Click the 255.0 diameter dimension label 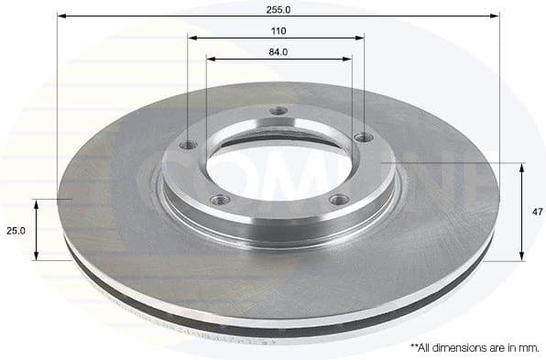[278, 9]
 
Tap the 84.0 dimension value [278, 52]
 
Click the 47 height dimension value [536, 212]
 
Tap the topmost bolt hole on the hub [279, 114]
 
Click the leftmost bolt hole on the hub [189, 145]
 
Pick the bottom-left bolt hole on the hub [217, 200]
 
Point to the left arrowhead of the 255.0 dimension [60, 16]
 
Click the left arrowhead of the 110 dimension [192, 37]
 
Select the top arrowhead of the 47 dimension [522, 168]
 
